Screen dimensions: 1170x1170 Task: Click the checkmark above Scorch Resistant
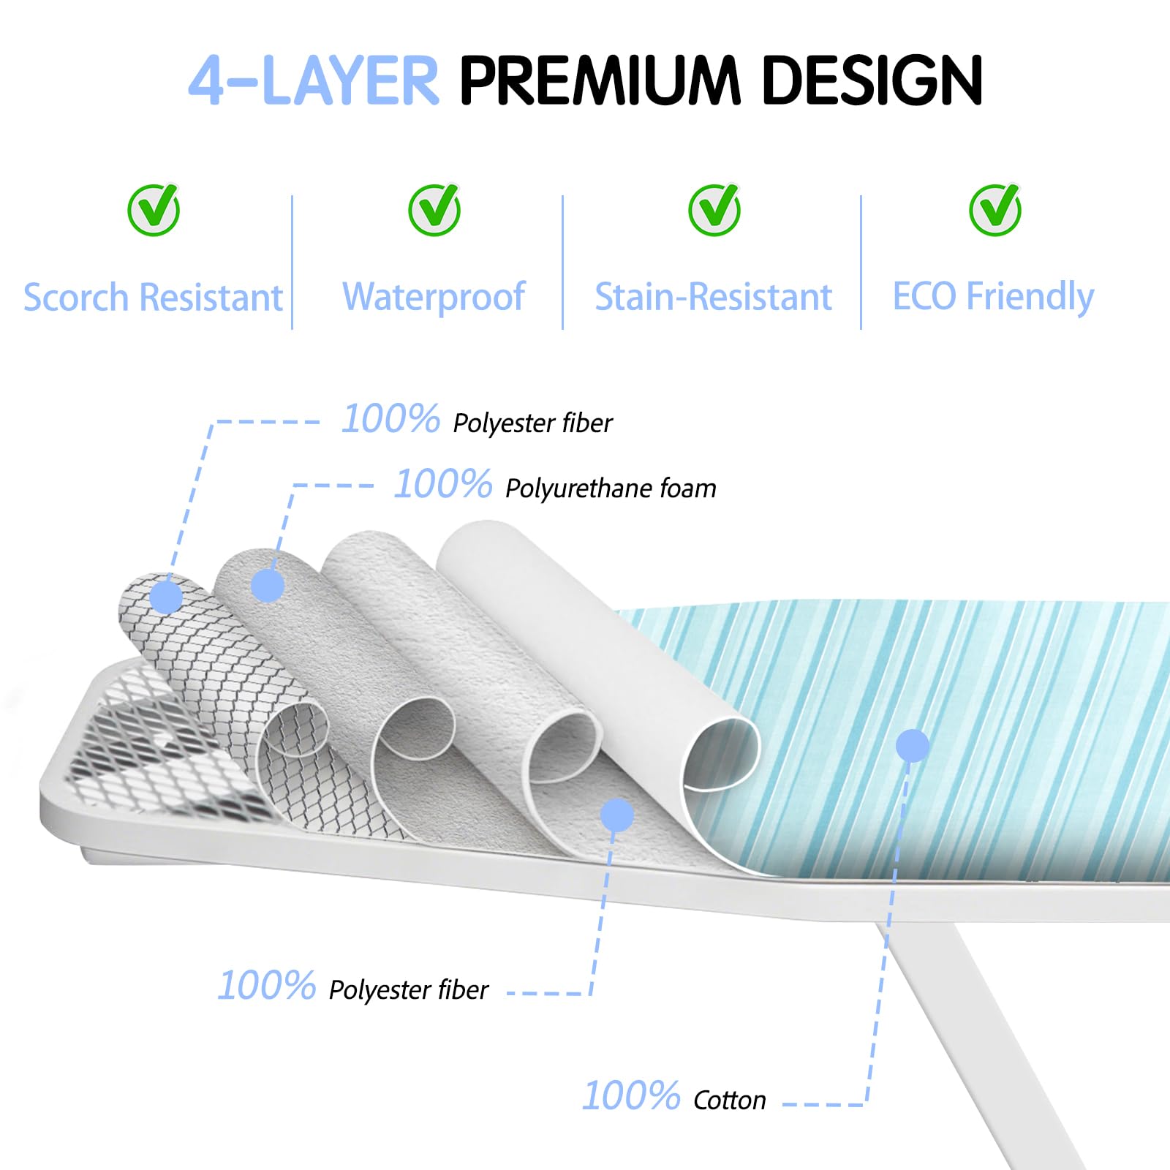point(154,210)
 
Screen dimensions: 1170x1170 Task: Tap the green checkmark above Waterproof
point(434,210)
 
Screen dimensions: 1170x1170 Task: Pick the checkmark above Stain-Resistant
point(714,210)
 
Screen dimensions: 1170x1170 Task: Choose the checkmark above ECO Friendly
point(995,210)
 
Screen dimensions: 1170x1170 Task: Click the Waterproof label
point(434,297)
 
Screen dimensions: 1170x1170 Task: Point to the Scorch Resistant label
point(153,298)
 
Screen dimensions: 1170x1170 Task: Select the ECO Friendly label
point(993,297)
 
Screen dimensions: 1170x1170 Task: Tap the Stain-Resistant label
point(714,297)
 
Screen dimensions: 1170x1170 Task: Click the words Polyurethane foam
point(611,488)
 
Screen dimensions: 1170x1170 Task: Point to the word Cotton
point(729,1101)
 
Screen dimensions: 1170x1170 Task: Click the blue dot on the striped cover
point(913,746)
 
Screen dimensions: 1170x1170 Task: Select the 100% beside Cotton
point(631,1096)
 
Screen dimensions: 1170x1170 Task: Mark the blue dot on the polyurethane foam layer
point(268,586)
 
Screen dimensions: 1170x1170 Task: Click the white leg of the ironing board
point(980,1038)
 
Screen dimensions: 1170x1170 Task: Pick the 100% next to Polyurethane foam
point(443,484)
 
